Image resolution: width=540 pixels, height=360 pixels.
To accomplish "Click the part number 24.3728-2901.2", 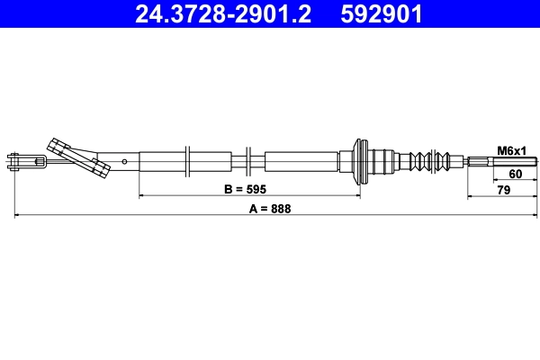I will (x=225, y=14).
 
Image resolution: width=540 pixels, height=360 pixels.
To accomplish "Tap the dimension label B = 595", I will (x=246, y=189).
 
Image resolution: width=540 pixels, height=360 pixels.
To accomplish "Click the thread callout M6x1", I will (x=511, y=149).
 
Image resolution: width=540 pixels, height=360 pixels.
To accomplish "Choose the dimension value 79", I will (x=504, y=189).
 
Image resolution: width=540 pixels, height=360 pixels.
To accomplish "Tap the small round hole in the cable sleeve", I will (x=125, y=162).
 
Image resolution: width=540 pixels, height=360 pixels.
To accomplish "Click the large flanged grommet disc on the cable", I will (x=361, y=162).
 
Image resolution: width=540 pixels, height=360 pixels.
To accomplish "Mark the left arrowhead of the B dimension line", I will (x=142, y=195).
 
